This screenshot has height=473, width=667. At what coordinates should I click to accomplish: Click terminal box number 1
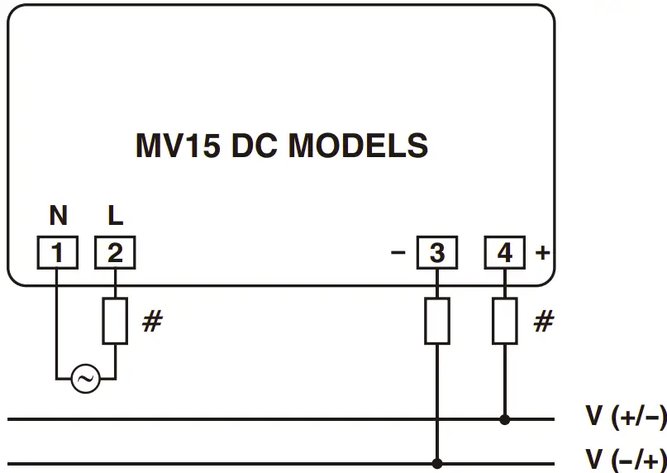57,253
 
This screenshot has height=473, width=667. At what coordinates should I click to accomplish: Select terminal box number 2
115,253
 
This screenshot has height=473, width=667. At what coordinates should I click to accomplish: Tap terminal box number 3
436,253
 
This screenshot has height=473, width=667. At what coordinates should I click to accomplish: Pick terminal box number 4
504,253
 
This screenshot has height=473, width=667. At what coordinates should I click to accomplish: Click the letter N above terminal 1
58,217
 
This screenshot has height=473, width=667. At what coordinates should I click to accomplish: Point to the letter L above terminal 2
115,217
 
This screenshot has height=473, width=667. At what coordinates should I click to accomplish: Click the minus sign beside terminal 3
398,252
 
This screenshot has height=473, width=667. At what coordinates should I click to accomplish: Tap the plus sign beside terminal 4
542,252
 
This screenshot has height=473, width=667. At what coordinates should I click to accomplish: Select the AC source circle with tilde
85,380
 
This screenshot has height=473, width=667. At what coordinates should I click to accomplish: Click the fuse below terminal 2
115,321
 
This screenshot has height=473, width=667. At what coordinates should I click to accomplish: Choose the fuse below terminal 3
436,321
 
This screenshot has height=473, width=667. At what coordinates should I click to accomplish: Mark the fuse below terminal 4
504,321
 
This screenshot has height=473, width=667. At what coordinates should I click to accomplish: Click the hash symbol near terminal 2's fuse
151,322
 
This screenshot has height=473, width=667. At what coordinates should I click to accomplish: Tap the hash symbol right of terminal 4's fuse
542,322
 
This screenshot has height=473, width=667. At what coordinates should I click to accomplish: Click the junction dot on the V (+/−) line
504,419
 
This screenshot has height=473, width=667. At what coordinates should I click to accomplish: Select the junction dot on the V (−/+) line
436,464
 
